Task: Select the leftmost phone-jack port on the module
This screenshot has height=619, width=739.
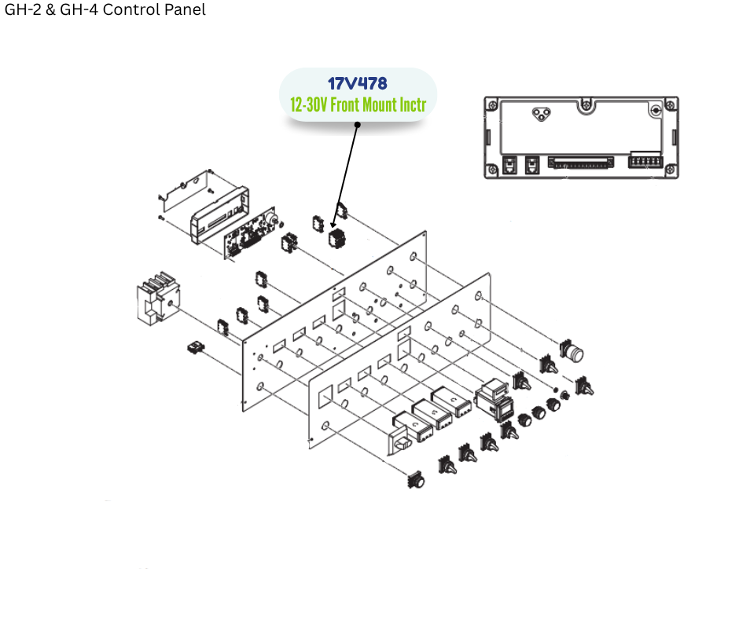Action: tap(509, 166)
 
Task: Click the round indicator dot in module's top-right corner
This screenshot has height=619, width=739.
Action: tap(656, 112)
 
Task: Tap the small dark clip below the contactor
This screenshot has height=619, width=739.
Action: tap(194, 346)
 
